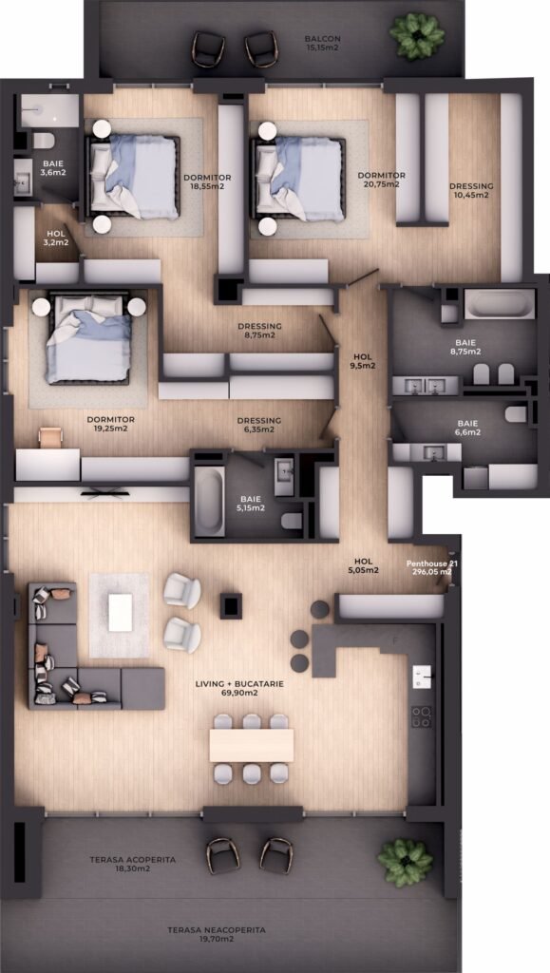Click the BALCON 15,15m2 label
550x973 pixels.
click(x=322, y=43)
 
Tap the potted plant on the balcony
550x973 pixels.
click(x=417, y=35)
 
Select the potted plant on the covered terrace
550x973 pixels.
click(x=406, y=863)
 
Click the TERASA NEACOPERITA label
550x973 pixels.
click(x=217, y=930)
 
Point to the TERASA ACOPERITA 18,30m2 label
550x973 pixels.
click(x=133, y=865)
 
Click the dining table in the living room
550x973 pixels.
click(x=251, y=745)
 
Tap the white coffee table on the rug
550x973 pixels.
click(x=121, y=613)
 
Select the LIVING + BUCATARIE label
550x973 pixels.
click(x=239, y=684)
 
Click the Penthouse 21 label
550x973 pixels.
click(x=432, y=563)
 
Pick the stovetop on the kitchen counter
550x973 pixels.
click(x=423, y=716)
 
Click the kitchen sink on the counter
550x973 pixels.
click(x=423, y=676)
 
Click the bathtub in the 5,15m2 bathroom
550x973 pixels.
click(x=209, y=501)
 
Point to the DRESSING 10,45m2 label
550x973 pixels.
click(x=471, y=190)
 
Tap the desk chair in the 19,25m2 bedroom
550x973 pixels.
click(x=50, y=436)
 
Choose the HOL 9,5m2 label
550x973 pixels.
click(x=363, y=361)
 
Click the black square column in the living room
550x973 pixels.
click(x=231, y=605)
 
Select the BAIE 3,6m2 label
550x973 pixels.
click(x=53, y=168)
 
